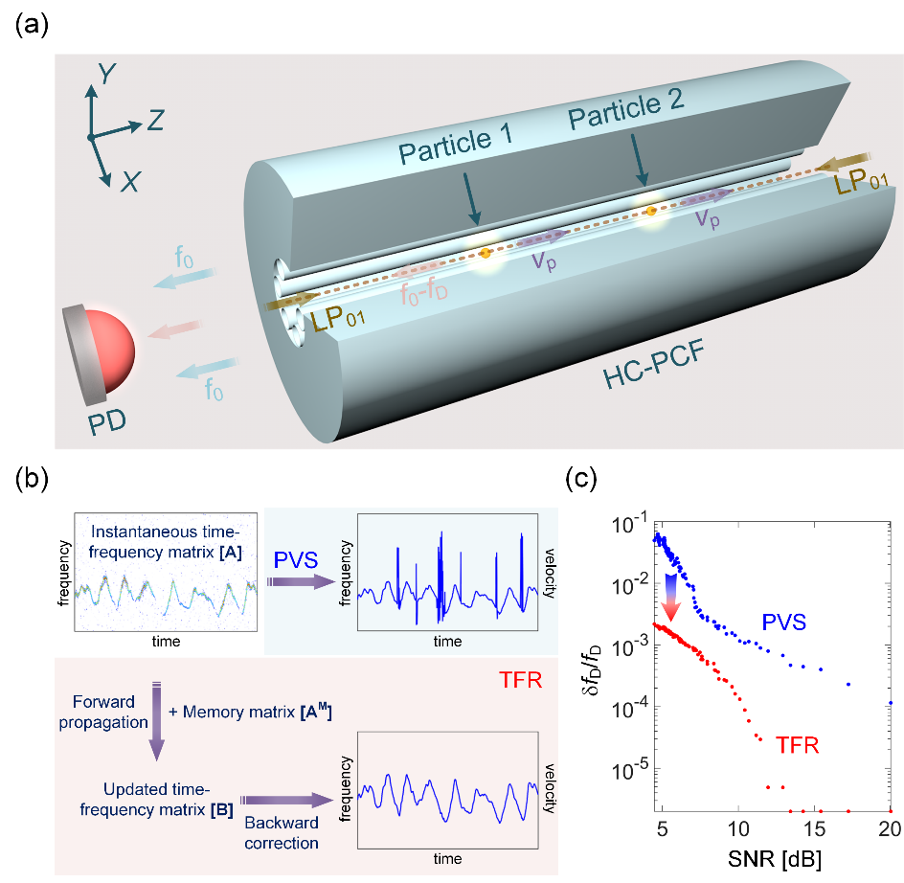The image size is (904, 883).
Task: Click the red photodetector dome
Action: coord(107,347)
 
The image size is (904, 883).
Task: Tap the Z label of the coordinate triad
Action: coord(156,120)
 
